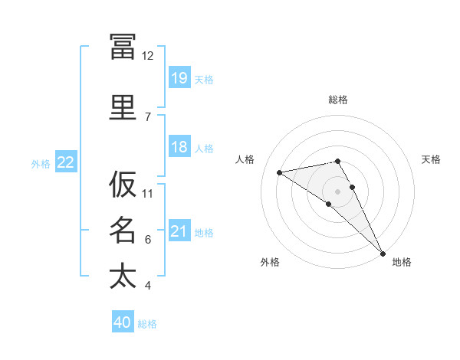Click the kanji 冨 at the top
[123, 47]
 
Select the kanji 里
[123, 107]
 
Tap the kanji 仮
[123, 184]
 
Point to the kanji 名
[123, 230]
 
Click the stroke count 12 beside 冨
[147, 56]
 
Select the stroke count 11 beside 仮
[147, 194]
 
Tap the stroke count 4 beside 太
[148, 285]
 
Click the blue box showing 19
[179, 77]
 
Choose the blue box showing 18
[179, 146]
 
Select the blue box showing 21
[179, 230]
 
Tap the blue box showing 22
[66, 162]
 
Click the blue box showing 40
[123, 321]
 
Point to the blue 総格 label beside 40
[147, 324]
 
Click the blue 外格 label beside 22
[41, 164]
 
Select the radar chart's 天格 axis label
[431, 159]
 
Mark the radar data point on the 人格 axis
[279, 172]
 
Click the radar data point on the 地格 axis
[383, 254]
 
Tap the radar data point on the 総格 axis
[337, 162]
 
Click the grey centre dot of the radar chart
[337, 191]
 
